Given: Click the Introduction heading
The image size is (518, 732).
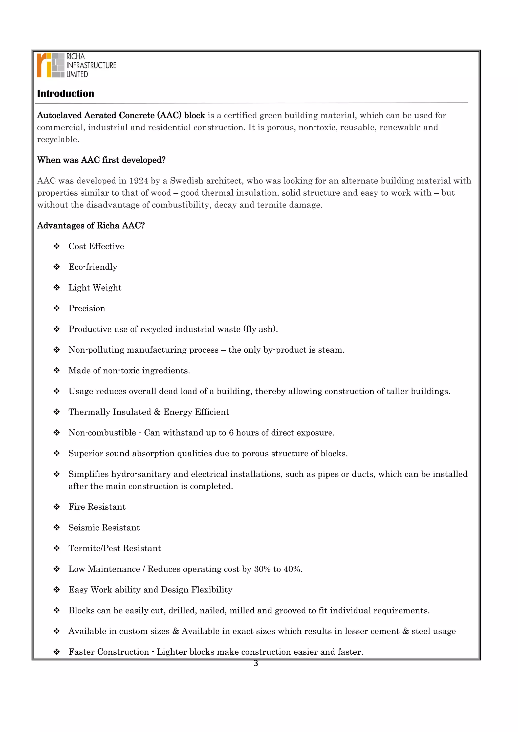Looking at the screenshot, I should pyautogui.click(x=66, y=94).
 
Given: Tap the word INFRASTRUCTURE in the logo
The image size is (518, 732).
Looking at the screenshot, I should pyautogui.click(x=91, y=65).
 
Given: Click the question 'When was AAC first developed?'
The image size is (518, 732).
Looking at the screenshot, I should pyautogui.click(x=101, y=160).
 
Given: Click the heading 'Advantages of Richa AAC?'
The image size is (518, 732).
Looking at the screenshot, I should pyautogui.click(x=91, y=226).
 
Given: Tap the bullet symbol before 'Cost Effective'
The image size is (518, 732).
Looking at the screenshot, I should pyautogui.click(x=57, y=246).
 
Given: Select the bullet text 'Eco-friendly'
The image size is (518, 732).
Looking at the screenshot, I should pyautogui.click(x=93, y=267).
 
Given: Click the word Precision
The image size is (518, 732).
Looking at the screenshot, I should pyautogui.click(x=87, y=308).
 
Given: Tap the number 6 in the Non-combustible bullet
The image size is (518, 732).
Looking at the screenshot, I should pyautogui.click(x=231, y=433).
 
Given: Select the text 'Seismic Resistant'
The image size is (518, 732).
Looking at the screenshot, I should pyautogui.click(x=104, y=528).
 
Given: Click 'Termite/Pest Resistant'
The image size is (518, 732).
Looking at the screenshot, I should pyautogui.click(x=115, y=548).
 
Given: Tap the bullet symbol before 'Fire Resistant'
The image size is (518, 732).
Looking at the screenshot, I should pyautogui.click(x=57, y=507).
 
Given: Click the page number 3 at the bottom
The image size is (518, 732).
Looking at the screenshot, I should pyautogui.click(x=255, y=664).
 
